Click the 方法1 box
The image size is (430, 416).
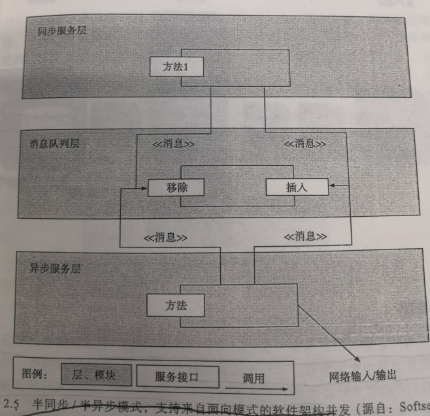pyautogui.click(x=174, y=66)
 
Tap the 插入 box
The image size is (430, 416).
pyautogui.click(x=295, y=187)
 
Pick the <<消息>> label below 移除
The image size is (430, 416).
pyautogui.click(x=165, y=237)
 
